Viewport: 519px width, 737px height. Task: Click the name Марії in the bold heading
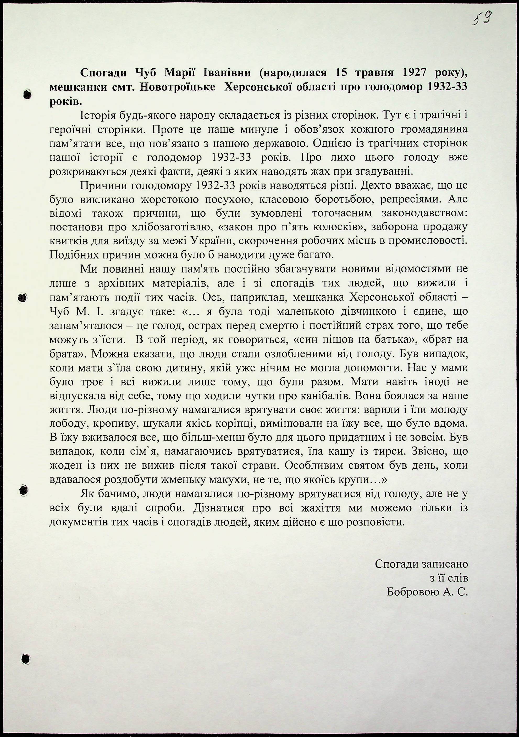181,73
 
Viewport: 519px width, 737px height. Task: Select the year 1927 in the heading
414,73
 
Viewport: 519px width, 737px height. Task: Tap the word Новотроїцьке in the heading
178,87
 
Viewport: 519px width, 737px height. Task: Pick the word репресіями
411,199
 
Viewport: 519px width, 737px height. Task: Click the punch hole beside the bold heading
28,94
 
